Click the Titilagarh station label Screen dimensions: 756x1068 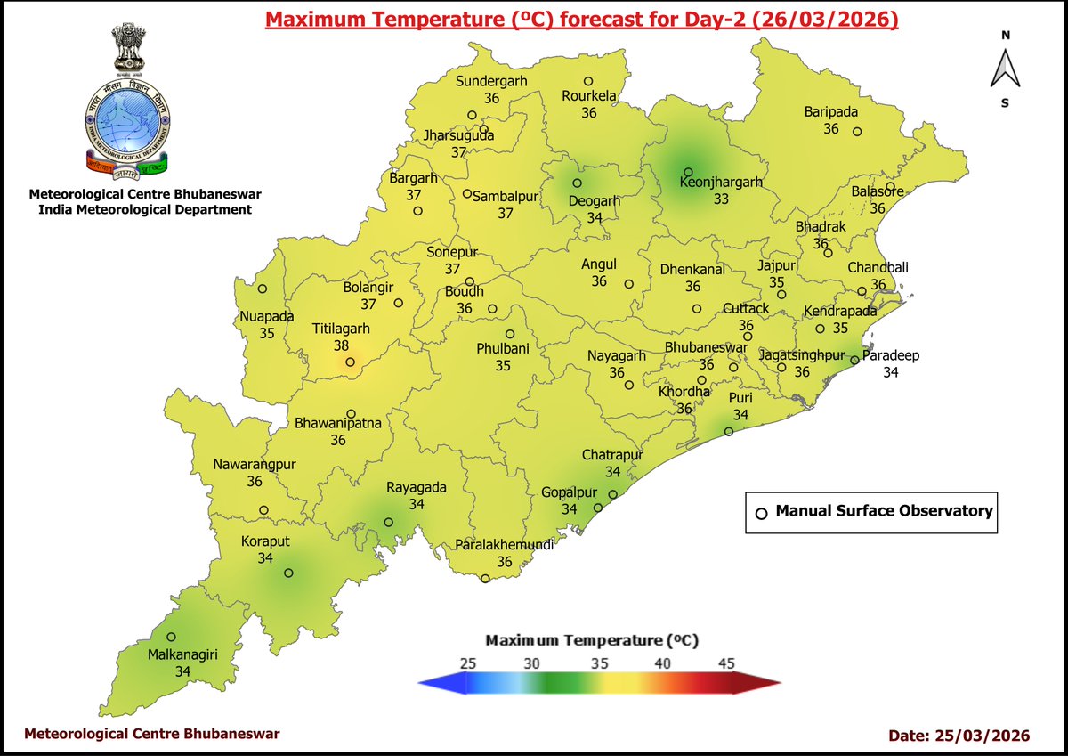(341, 329)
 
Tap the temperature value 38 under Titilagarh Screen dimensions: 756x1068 (341, 345)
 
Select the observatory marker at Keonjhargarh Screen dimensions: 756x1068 (688, 172)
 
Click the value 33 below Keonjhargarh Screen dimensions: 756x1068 (721, 199)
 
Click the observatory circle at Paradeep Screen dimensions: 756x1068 (854, 361)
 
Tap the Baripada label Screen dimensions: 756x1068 (831, 112)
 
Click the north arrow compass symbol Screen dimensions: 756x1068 (1005, 69)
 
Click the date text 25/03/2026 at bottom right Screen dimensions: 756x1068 (982, 736)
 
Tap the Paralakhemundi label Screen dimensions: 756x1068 (505, 545)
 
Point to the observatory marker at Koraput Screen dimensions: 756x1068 (288, 573)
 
